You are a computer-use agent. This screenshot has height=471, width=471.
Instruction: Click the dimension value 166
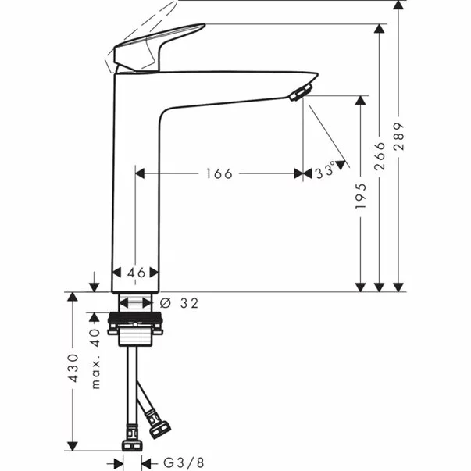coord(219,173)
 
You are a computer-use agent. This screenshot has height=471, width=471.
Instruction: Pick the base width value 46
coord(137,273)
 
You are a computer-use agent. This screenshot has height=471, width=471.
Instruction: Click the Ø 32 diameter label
coord(180,302)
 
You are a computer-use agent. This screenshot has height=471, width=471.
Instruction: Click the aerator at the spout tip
coord(298,95)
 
